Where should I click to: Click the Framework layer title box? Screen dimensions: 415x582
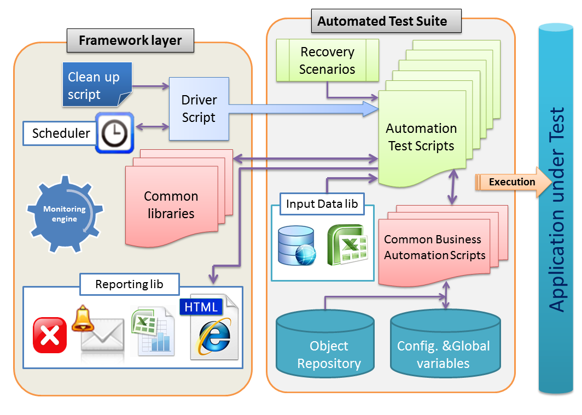[130, 40]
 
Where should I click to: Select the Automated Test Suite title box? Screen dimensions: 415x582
[382, 21]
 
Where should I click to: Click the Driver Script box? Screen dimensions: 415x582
[199, 109]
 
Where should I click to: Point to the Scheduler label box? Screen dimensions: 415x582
[60, 133]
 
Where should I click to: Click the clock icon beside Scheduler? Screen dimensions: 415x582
[114, 132]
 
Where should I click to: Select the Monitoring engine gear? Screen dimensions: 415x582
[65, 213]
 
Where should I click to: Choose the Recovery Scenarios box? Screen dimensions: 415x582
[327, 61]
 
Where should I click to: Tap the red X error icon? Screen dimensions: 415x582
[50, 335]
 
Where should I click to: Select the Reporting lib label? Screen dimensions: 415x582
[129, 284]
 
